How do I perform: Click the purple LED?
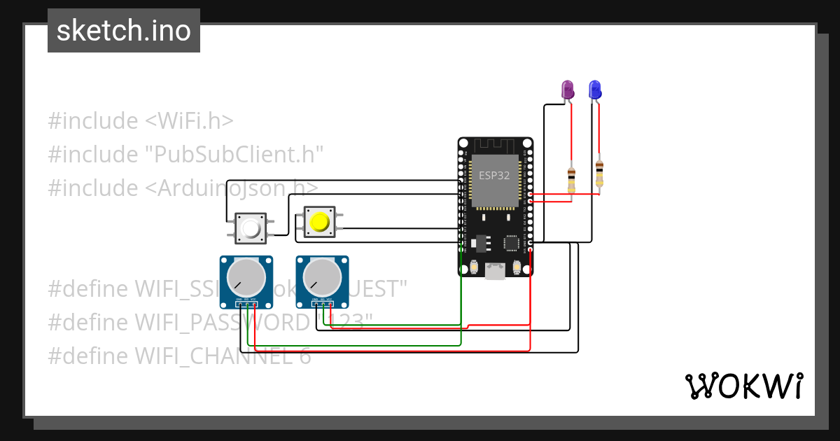click(568, 90)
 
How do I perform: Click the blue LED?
click(595, 90)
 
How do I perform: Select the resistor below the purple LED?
click(572, 179)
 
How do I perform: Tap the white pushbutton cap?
click(250, 229)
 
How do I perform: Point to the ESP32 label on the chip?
click(494, 176)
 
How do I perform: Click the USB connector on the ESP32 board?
click(496, 271)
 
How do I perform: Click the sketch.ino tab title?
click(124, 31)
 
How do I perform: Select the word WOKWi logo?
click(743, 386)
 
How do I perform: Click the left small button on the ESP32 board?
click(475, 267)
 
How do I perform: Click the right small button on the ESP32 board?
click(517, 267)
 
